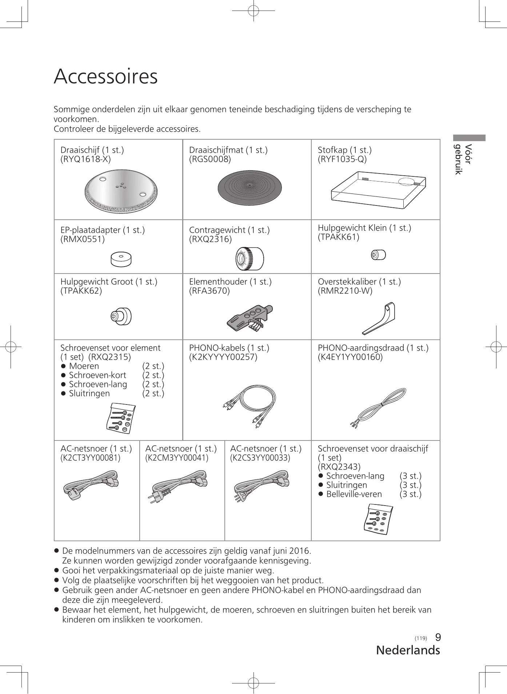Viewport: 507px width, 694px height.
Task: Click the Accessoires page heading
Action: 105,76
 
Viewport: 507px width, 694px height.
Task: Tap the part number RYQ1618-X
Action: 85,159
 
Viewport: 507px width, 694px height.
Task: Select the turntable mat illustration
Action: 249,188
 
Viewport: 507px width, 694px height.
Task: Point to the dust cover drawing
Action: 378,190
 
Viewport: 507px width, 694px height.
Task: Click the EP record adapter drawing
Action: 121,259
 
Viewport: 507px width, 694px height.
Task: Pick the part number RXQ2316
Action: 210,239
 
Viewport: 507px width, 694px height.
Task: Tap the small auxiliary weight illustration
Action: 378,255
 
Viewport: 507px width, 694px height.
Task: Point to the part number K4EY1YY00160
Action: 350,357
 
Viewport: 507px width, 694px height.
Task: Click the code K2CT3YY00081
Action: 90,458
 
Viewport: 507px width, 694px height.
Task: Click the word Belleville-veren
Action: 354,494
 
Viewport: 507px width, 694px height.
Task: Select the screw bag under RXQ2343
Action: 379,519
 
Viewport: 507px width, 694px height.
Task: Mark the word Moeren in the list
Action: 84,366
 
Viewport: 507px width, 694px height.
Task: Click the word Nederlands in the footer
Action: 408,650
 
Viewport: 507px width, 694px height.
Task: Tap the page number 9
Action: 438,637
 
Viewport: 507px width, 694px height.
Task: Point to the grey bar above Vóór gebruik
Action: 469,138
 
